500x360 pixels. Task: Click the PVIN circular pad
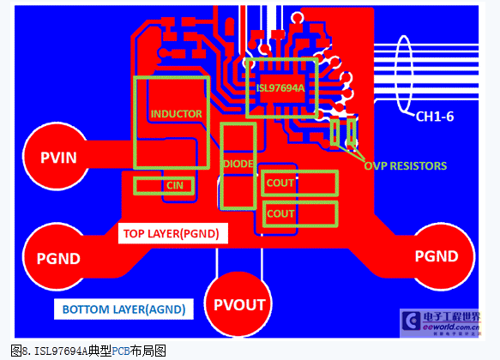(57, 156)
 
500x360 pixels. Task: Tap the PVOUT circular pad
(238, 304)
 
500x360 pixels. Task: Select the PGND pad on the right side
(441, 256)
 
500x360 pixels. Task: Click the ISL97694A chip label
(280, 88)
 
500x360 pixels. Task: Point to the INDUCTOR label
(177, 114)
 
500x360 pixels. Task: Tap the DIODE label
(238, 164)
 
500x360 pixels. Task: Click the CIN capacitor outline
(164, 186)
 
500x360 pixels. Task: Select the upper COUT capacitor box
(299, 183)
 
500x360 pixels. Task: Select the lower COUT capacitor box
(300, 213)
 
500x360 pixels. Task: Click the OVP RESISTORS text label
(406, 166)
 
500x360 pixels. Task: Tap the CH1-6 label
(435, 117)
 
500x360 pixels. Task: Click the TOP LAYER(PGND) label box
(173, 233)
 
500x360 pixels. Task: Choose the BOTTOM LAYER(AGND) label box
(123, 309)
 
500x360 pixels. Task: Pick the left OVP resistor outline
(334, 132)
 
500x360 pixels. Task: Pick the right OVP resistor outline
(352, 132)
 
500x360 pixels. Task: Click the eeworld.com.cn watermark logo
(440, 323)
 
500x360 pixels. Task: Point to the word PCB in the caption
(121, 351)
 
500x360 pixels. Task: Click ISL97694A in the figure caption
(61, 351)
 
